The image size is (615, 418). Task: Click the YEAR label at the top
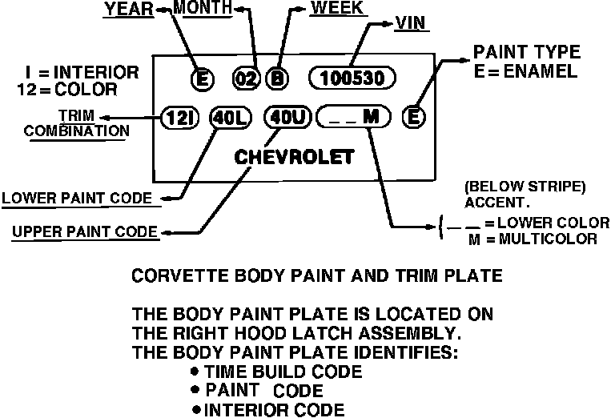129,10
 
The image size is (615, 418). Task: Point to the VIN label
410,23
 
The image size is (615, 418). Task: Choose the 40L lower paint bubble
230,117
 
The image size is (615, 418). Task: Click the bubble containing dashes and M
353,117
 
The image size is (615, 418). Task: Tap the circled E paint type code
412,117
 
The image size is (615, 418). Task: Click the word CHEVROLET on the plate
293,156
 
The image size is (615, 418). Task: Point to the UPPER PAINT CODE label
84,232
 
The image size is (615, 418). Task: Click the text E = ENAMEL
525,72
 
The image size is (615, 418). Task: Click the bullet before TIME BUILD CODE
195,372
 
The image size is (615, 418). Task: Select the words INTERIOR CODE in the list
275,411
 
